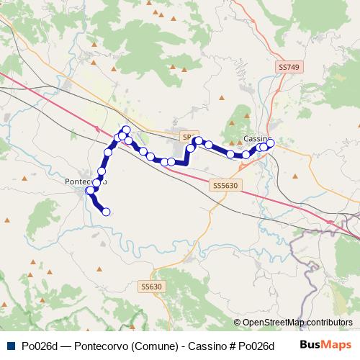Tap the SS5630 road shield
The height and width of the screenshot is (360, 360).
coord(225,185)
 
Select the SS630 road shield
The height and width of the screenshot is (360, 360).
coord(152,287)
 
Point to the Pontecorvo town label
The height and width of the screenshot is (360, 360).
coord(86,181)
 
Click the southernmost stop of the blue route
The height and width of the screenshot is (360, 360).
coord(106,212)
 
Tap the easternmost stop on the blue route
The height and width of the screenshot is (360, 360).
coord(271,143)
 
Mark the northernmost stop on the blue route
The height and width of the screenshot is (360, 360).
coord(126,129)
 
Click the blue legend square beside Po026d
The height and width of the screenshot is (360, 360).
coord(9,346)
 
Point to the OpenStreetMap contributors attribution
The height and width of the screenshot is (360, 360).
coord(298,323)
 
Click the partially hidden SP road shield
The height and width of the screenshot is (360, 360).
coord(186,136)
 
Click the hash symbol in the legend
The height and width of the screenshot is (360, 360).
coord(233,346)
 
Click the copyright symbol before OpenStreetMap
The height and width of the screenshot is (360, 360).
coord(238,323)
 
